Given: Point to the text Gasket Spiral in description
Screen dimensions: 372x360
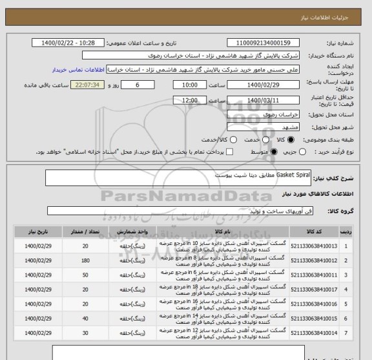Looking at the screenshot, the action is pos(293,175).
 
